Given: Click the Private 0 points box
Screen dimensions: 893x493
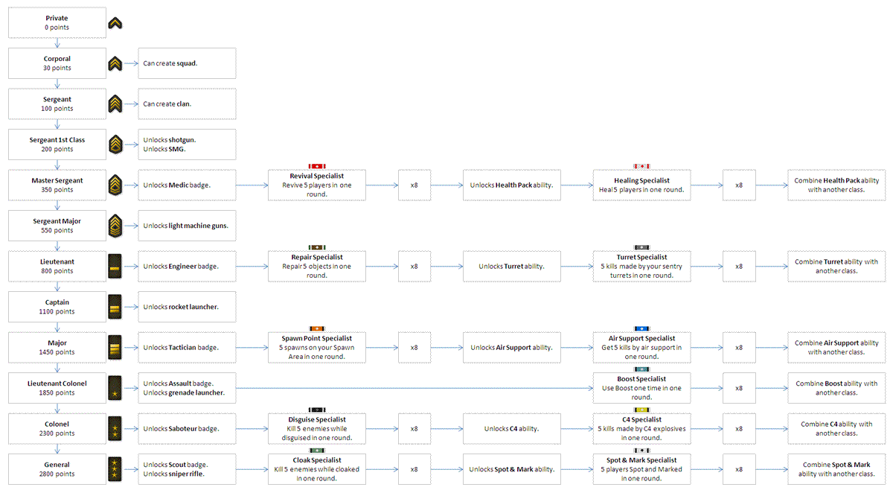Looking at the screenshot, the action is [x=57, y=23].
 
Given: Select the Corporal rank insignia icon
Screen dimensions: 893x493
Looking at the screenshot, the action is [x=115, y=64].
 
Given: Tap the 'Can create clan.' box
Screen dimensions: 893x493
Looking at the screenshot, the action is [x=187, y=104].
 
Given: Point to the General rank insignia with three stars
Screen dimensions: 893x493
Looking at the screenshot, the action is [x=115, y=469].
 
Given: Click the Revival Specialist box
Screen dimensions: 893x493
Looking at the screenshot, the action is [x=317, y=185].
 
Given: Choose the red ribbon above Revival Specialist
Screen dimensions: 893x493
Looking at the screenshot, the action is [x=317, y=166].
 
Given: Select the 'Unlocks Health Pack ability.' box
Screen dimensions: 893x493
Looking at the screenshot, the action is [x=512, y=185].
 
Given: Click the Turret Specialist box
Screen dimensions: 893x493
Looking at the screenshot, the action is [x=641, y=267].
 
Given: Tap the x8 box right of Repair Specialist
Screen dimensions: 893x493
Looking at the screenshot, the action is [x=415, y=267].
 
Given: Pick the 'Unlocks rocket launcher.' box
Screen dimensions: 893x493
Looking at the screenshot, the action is [x=187, y=307].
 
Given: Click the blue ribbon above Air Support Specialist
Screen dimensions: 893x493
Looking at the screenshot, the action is [x=641, y=328].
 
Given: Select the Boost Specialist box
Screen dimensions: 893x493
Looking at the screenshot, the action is [x=641, y=388].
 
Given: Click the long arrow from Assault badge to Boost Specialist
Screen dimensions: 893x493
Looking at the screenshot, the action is [x=415, y=388].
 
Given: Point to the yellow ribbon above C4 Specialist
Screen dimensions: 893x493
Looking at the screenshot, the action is [x=641, y=410].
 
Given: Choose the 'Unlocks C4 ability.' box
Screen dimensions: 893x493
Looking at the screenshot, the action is [x=512, y=429].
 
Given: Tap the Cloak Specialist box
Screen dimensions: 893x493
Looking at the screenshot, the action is [x=317, y=469].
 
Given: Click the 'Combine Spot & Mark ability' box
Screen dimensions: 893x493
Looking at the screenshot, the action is [x=836, y=469].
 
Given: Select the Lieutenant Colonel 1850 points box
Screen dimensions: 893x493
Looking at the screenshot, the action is [x=57, y=388].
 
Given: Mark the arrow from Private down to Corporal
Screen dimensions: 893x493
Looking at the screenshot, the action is [x=57, y=43].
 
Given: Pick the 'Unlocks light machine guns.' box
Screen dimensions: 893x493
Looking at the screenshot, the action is [x=187, y=226].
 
